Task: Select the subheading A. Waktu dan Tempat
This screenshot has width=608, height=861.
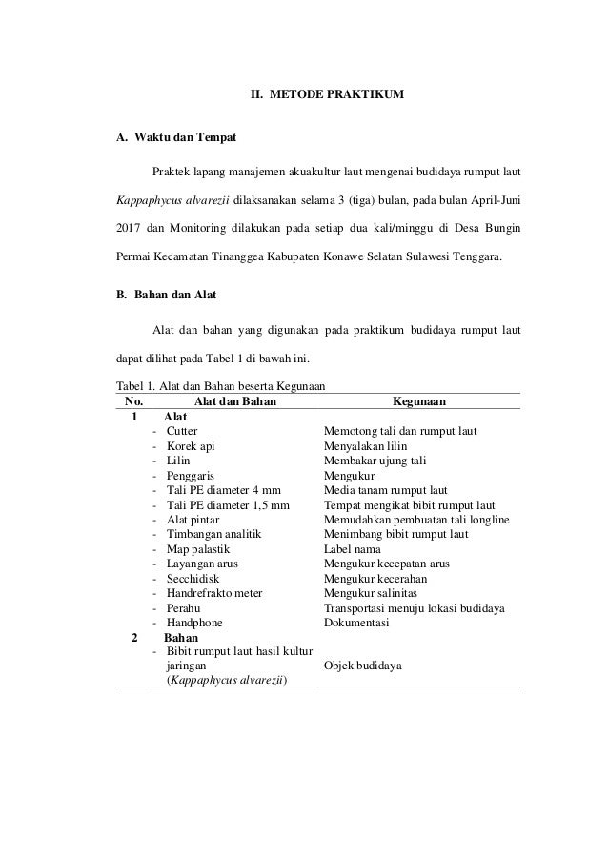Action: [x=176, y=138]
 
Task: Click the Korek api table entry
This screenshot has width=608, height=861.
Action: [x=191, y=446]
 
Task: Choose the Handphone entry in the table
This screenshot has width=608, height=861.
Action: [x=194, y=622]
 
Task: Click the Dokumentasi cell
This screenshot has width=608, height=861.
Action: [x=359, y=622]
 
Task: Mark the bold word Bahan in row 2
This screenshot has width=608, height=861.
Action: [x=181, y=637]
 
